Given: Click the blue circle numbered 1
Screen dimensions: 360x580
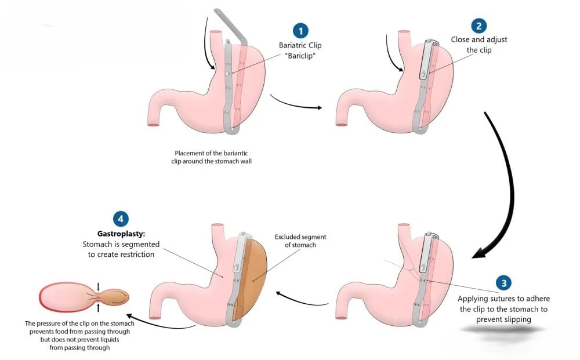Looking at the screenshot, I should coord(300,31).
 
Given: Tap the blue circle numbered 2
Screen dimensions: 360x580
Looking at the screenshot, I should coord(479,26).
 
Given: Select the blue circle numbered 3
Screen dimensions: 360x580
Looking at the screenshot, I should coord(504,283).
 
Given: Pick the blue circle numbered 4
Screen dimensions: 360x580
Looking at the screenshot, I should coord(121,219).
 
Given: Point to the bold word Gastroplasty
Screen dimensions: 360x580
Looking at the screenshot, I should coord(121,234).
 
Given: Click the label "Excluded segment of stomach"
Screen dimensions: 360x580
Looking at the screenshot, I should coord(300,241).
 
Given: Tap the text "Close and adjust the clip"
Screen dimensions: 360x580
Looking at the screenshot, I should coord(479,45).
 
